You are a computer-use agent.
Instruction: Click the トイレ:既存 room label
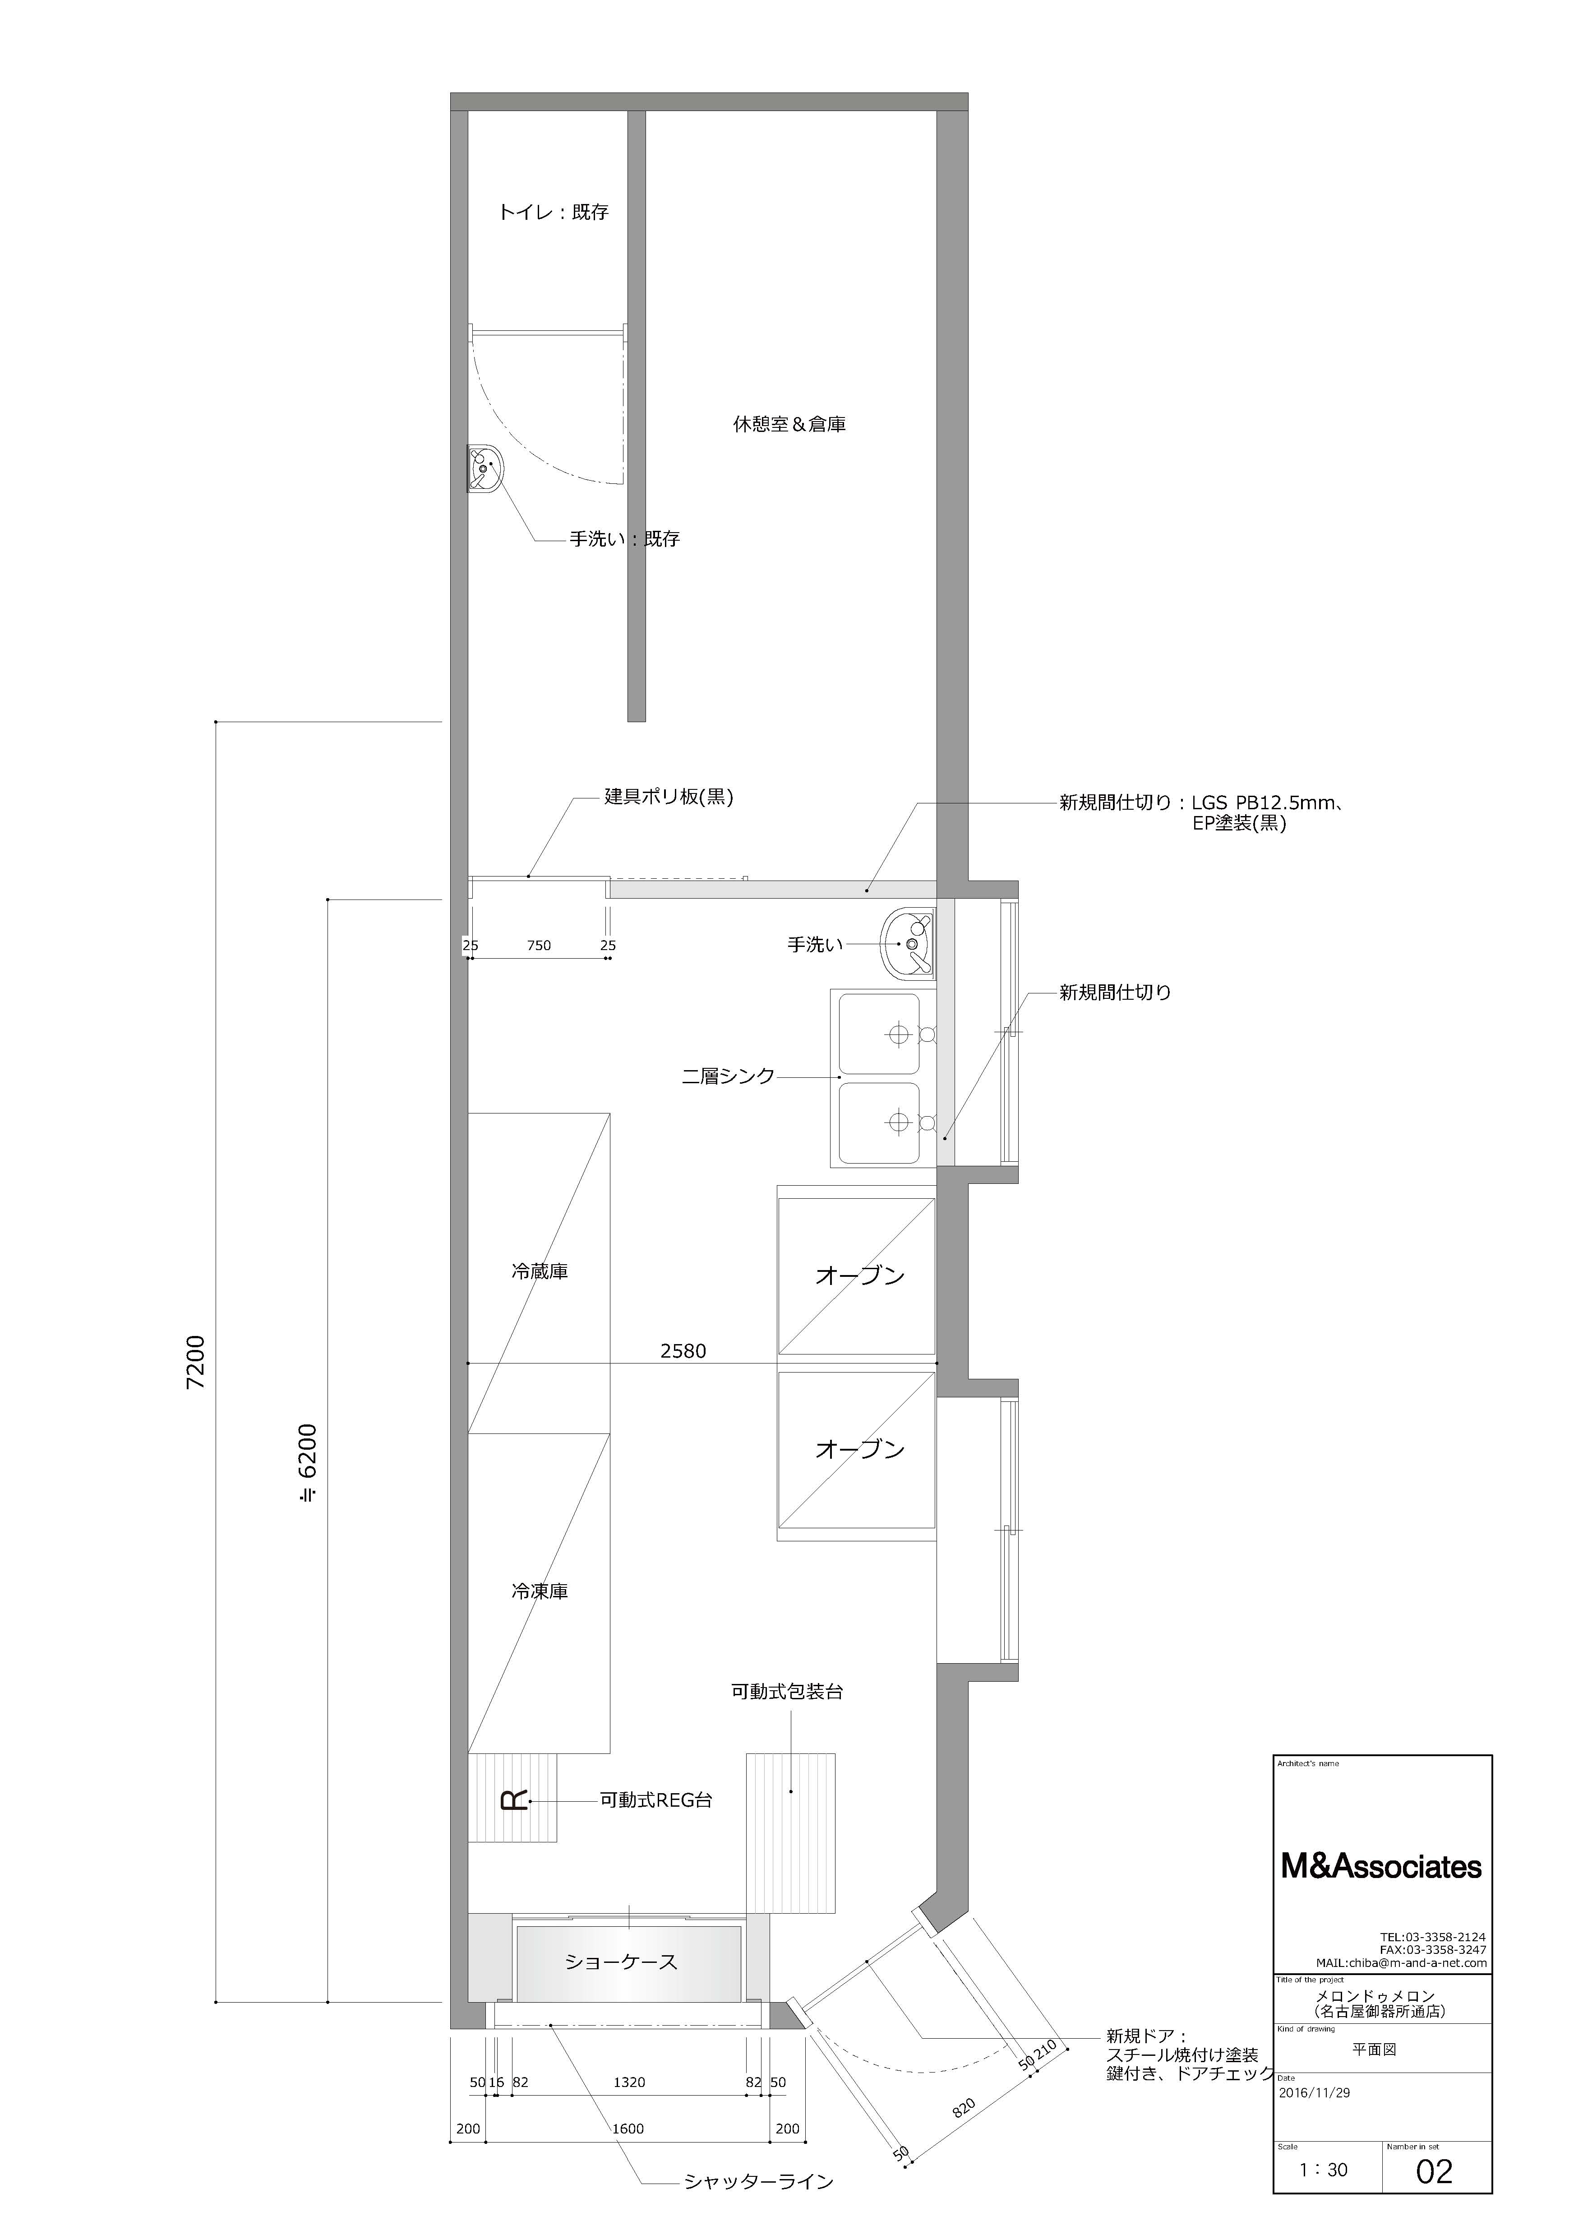[553, 212]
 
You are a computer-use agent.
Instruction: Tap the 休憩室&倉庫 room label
[789, 424]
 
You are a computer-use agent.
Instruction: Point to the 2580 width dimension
[683, 1351]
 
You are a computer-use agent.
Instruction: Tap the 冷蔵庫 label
[540, 1272]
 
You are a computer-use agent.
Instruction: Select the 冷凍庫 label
[540, 1591]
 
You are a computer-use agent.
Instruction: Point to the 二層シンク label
[728, 1076]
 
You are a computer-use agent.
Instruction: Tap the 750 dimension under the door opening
[538, 946]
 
